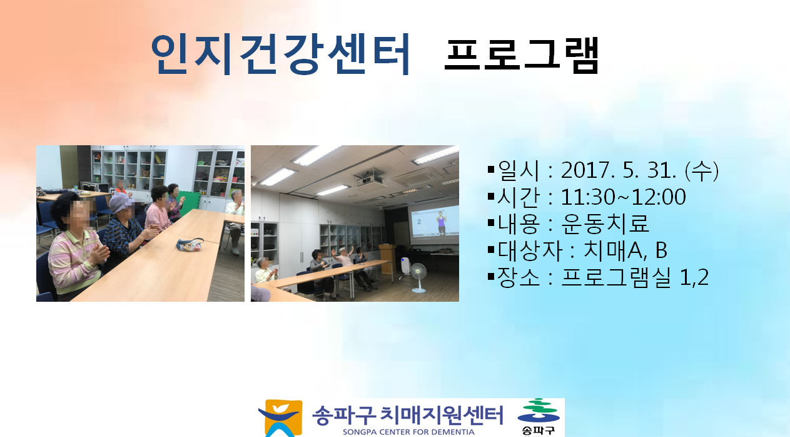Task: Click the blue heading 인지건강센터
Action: tap(280, 54)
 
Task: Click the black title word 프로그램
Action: tap(521, 54)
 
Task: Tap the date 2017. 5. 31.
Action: tap(619, 170)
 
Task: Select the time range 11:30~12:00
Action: tap(623, 197)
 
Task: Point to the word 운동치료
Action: tap(605, 224)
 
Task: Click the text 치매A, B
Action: tap(625, 250)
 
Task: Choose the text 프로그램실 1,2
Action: tap(634, 277)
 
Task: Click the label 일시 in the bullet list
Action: tap(519, 170)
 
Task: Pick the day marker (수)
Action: tap(701, 170)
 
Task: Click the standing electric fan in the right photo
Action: tap(418, 278)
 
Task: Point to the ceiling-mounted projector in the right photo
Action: tap(369, 178)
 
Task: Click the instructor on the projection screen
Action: tap(441, 223)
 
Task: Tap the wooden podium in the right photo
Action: tap(387, 259)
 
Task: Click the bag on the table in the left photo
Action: tap(190, 244)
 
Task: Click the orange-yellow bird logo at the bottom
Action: tap(281, 418)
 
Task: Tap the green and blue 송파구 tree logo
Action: tap(538, 416)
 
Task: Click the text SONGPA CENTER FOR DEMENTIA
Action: tap(408, 432)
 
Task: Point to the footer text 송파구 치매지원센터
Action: tap(407, 415)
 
